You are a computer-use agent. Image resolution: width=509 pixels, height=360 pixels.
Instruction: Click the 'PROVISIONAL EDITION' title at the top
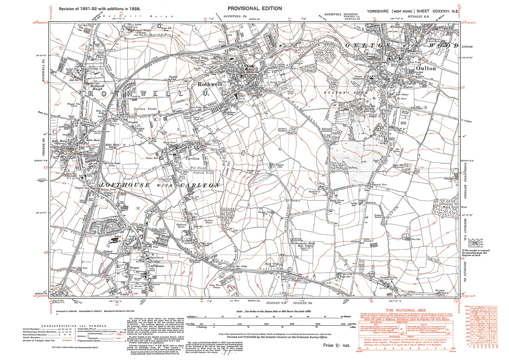tap(255, 8)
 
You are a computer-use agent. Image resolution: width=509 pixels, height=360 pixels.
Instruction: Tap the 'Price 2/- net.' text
tap(336, 345)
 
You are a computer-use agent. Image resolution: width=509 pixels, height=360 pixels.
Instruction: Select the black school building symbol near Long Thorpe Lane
tap(115, 241)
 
